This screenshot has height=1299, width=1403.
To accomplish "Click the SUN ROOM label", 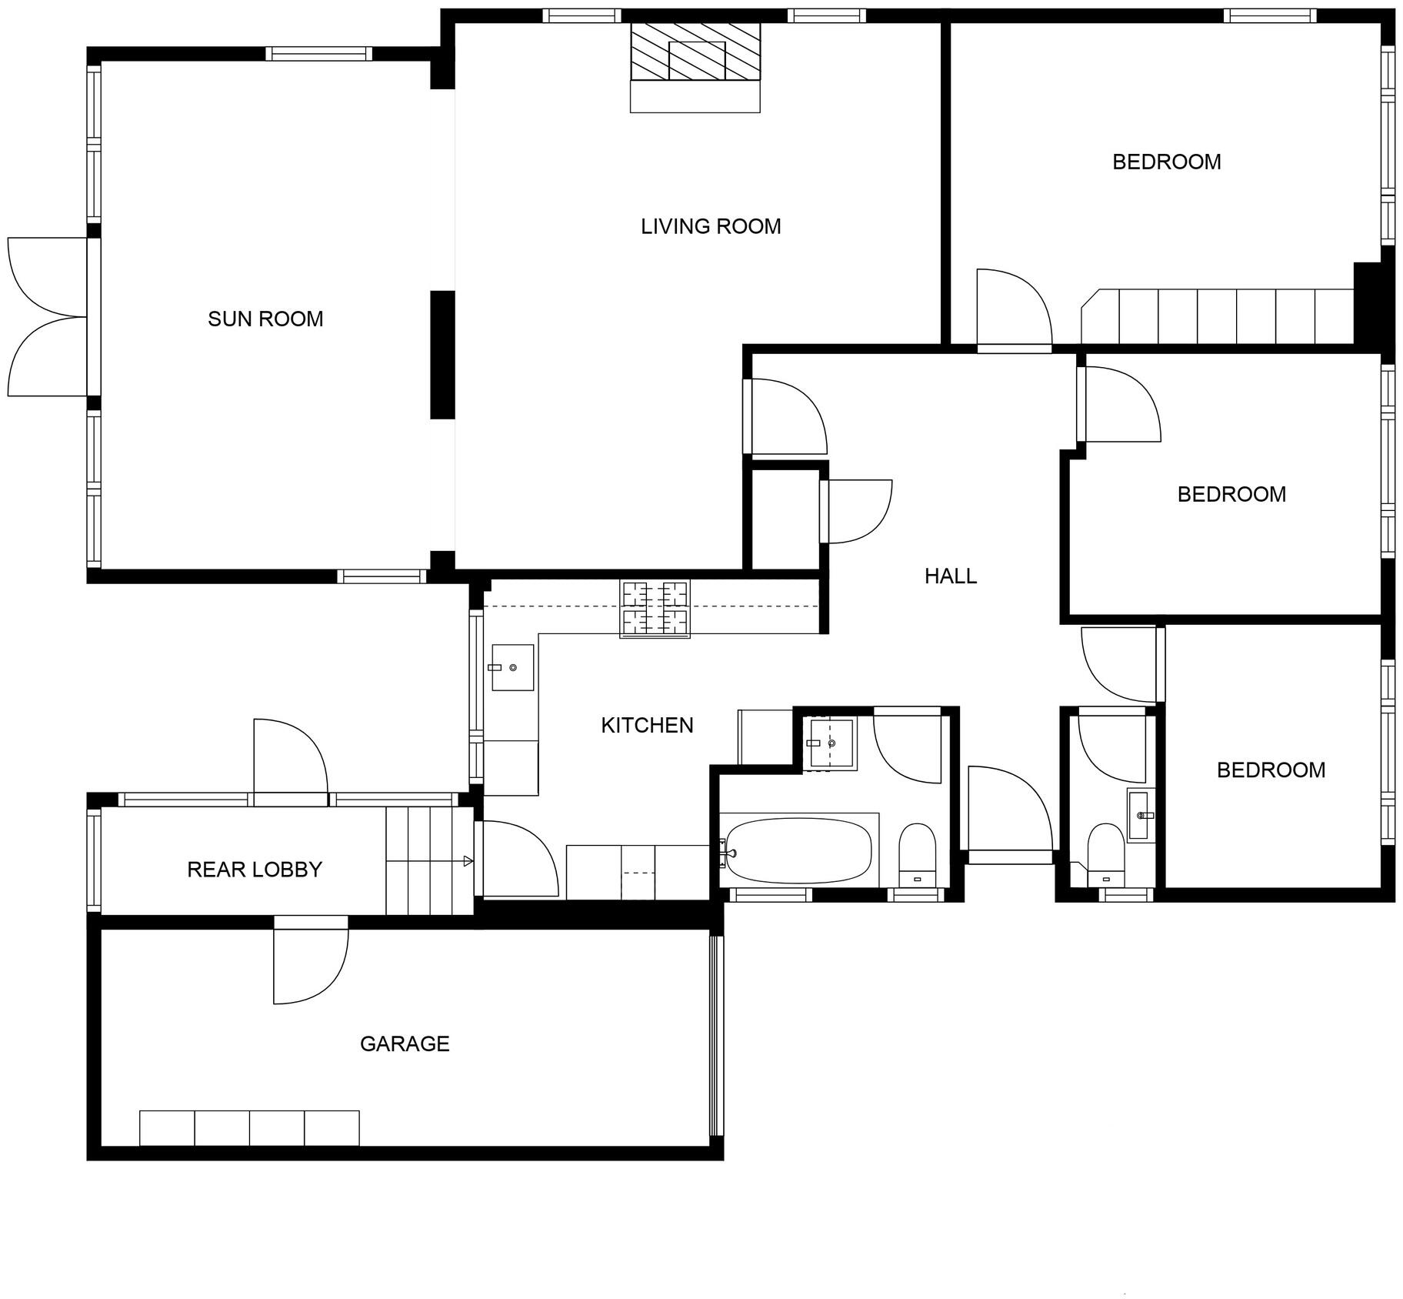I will tap(265, 319).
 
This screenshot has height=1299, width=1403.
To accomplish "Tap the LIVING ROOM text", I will tap(711, 226).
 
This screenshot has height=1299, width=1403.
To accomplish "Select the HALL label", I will tap(951, 576).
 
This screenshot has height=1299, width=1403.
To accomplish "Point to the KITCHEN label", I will tap(647, 725).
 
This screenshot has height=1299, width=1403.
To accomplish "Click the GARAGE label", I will tap(405, 1044).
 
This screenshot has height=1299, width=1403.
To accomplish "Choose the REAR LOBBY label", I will tap(255, 870).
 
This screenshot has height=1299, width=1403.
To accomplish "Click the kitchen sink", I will tap(512, 667).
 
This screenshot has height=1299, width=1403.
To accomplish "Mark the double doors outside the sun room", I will tap(48, 317).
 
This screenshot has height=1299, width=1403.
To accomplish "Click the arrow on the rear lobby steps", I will tap(468, 861).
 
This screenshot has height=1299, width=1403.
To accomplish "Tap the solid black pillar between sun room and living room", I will tap(442, 355).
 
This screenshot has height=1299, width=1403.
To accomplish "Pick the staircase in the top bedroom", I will tap(1217, 316).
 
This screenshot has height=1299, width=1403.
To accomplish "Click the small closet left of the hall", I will tap(785, 519).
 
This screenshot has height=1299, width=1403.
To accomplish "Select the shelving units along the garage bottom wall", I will tap(249, 1128).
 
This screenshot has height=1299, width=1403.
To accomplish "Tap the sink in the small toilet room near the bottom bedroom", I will tap(1140, 814).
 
